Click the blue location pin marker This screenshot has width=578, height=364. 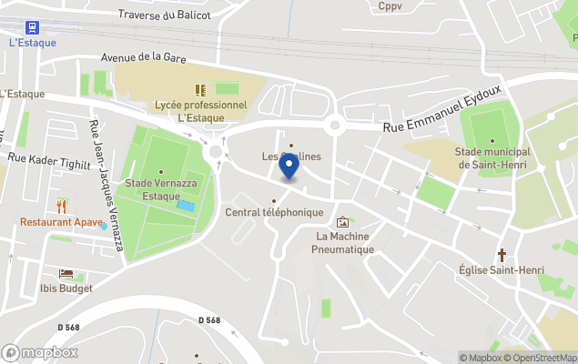[289, 167]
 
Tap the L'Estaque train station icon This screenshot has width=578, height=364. [33, 27]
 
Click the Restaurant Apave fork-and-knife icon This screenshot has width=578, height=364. [61, 205]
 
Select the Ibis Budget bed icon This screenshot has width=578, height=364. [66, 273]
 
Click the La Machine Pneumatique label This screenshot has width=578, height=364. [342, 242]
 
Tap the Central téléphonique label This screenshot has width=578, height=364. [274, 212]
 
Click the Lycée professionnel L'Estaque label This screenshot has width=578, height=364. [212, 111]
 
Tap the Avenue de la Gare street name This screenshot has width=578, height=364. [144, 56]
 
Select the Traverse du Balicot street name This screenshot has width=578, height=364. [165, 15]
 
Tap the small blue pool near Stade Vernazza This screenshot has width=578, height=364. [186, 207]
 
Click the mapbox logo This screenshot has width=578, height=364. [40, 352]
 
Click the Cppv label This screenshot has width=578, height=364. [390, 5]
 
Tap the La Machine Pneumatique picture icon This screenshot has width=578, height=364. [342, 221]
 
